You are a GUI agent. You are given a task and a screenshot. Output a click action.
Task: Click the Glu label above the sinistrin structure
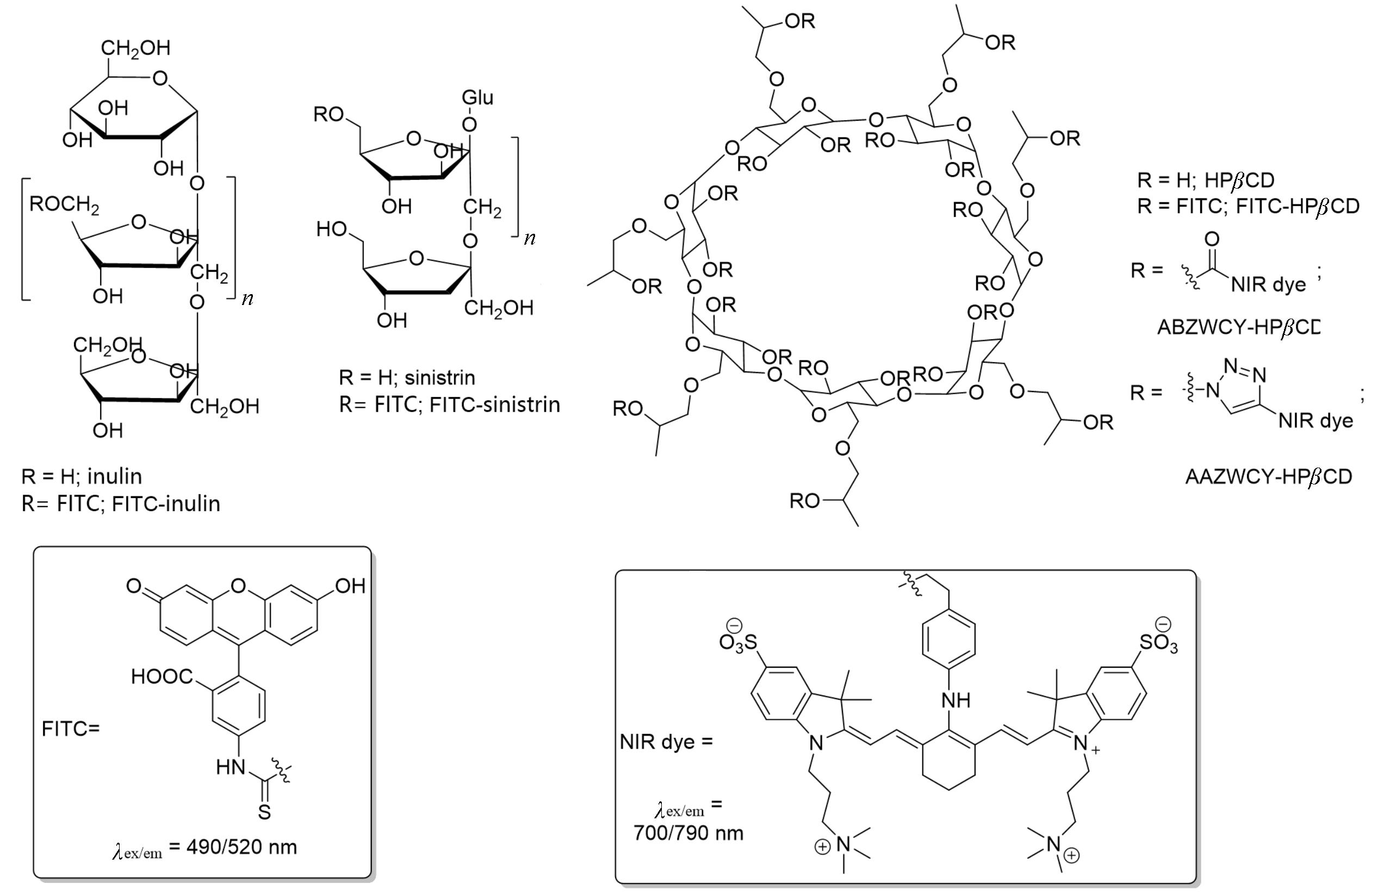[x=477, y=97]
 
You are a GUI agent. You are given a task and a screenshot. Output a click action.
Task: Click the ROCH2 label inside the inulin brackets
[x=64, y=204]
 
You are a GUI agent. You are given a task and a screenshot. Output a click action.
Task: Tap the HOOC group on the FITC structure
[x=161, y=676]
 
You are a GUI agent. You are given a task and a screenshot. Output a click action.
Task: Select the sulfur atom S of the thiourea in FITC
[x=264, y=812]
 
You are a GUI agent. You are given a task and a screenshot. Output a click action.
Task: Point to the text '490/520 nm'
[x=241, y=847]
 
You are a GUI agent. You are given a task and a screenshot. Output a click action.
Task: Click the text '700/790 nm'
[x=688, y=833]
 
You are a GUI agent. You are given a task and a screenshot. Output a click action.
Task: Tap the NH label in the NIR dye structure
[x=955, y=700]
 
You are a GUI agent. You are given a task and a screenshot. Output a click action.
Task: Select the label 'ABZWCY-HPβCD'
[x=1238, y=327]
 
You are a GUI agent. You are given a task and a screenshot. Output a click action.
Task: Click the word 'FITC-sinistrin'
[x=495, y=405]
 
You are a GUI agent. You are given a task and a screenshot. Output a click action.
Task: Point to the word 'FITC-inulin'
[x=166, y=503]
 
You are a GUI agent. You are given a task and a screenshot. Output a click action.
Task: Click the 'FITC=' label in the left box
[x=70, y=729]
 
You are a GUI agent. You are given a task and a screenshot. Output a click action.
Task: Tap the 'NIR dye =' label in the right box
[x=666, y=741]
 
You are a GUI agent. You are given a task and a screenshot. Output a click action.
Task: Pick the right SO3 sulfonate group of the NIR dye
[x=1158, y=642]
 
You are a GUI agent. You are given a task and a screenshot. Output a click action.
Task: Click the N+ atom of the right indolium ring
[x=1082, y=744]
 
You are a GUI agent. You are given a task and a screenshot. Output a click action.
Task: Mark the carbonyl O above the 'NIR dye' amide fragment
[x=1212, y=239]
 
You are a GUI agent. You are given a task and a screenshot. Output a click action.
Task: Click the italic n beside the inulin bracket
[x=247, y=298]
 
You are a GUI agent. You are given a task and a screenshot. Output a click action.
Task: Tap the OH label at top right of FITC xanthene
[x=350, y=586]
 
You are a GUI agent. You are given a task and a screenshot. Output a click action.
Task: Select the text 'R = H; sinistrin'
[x=407, y=378]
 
